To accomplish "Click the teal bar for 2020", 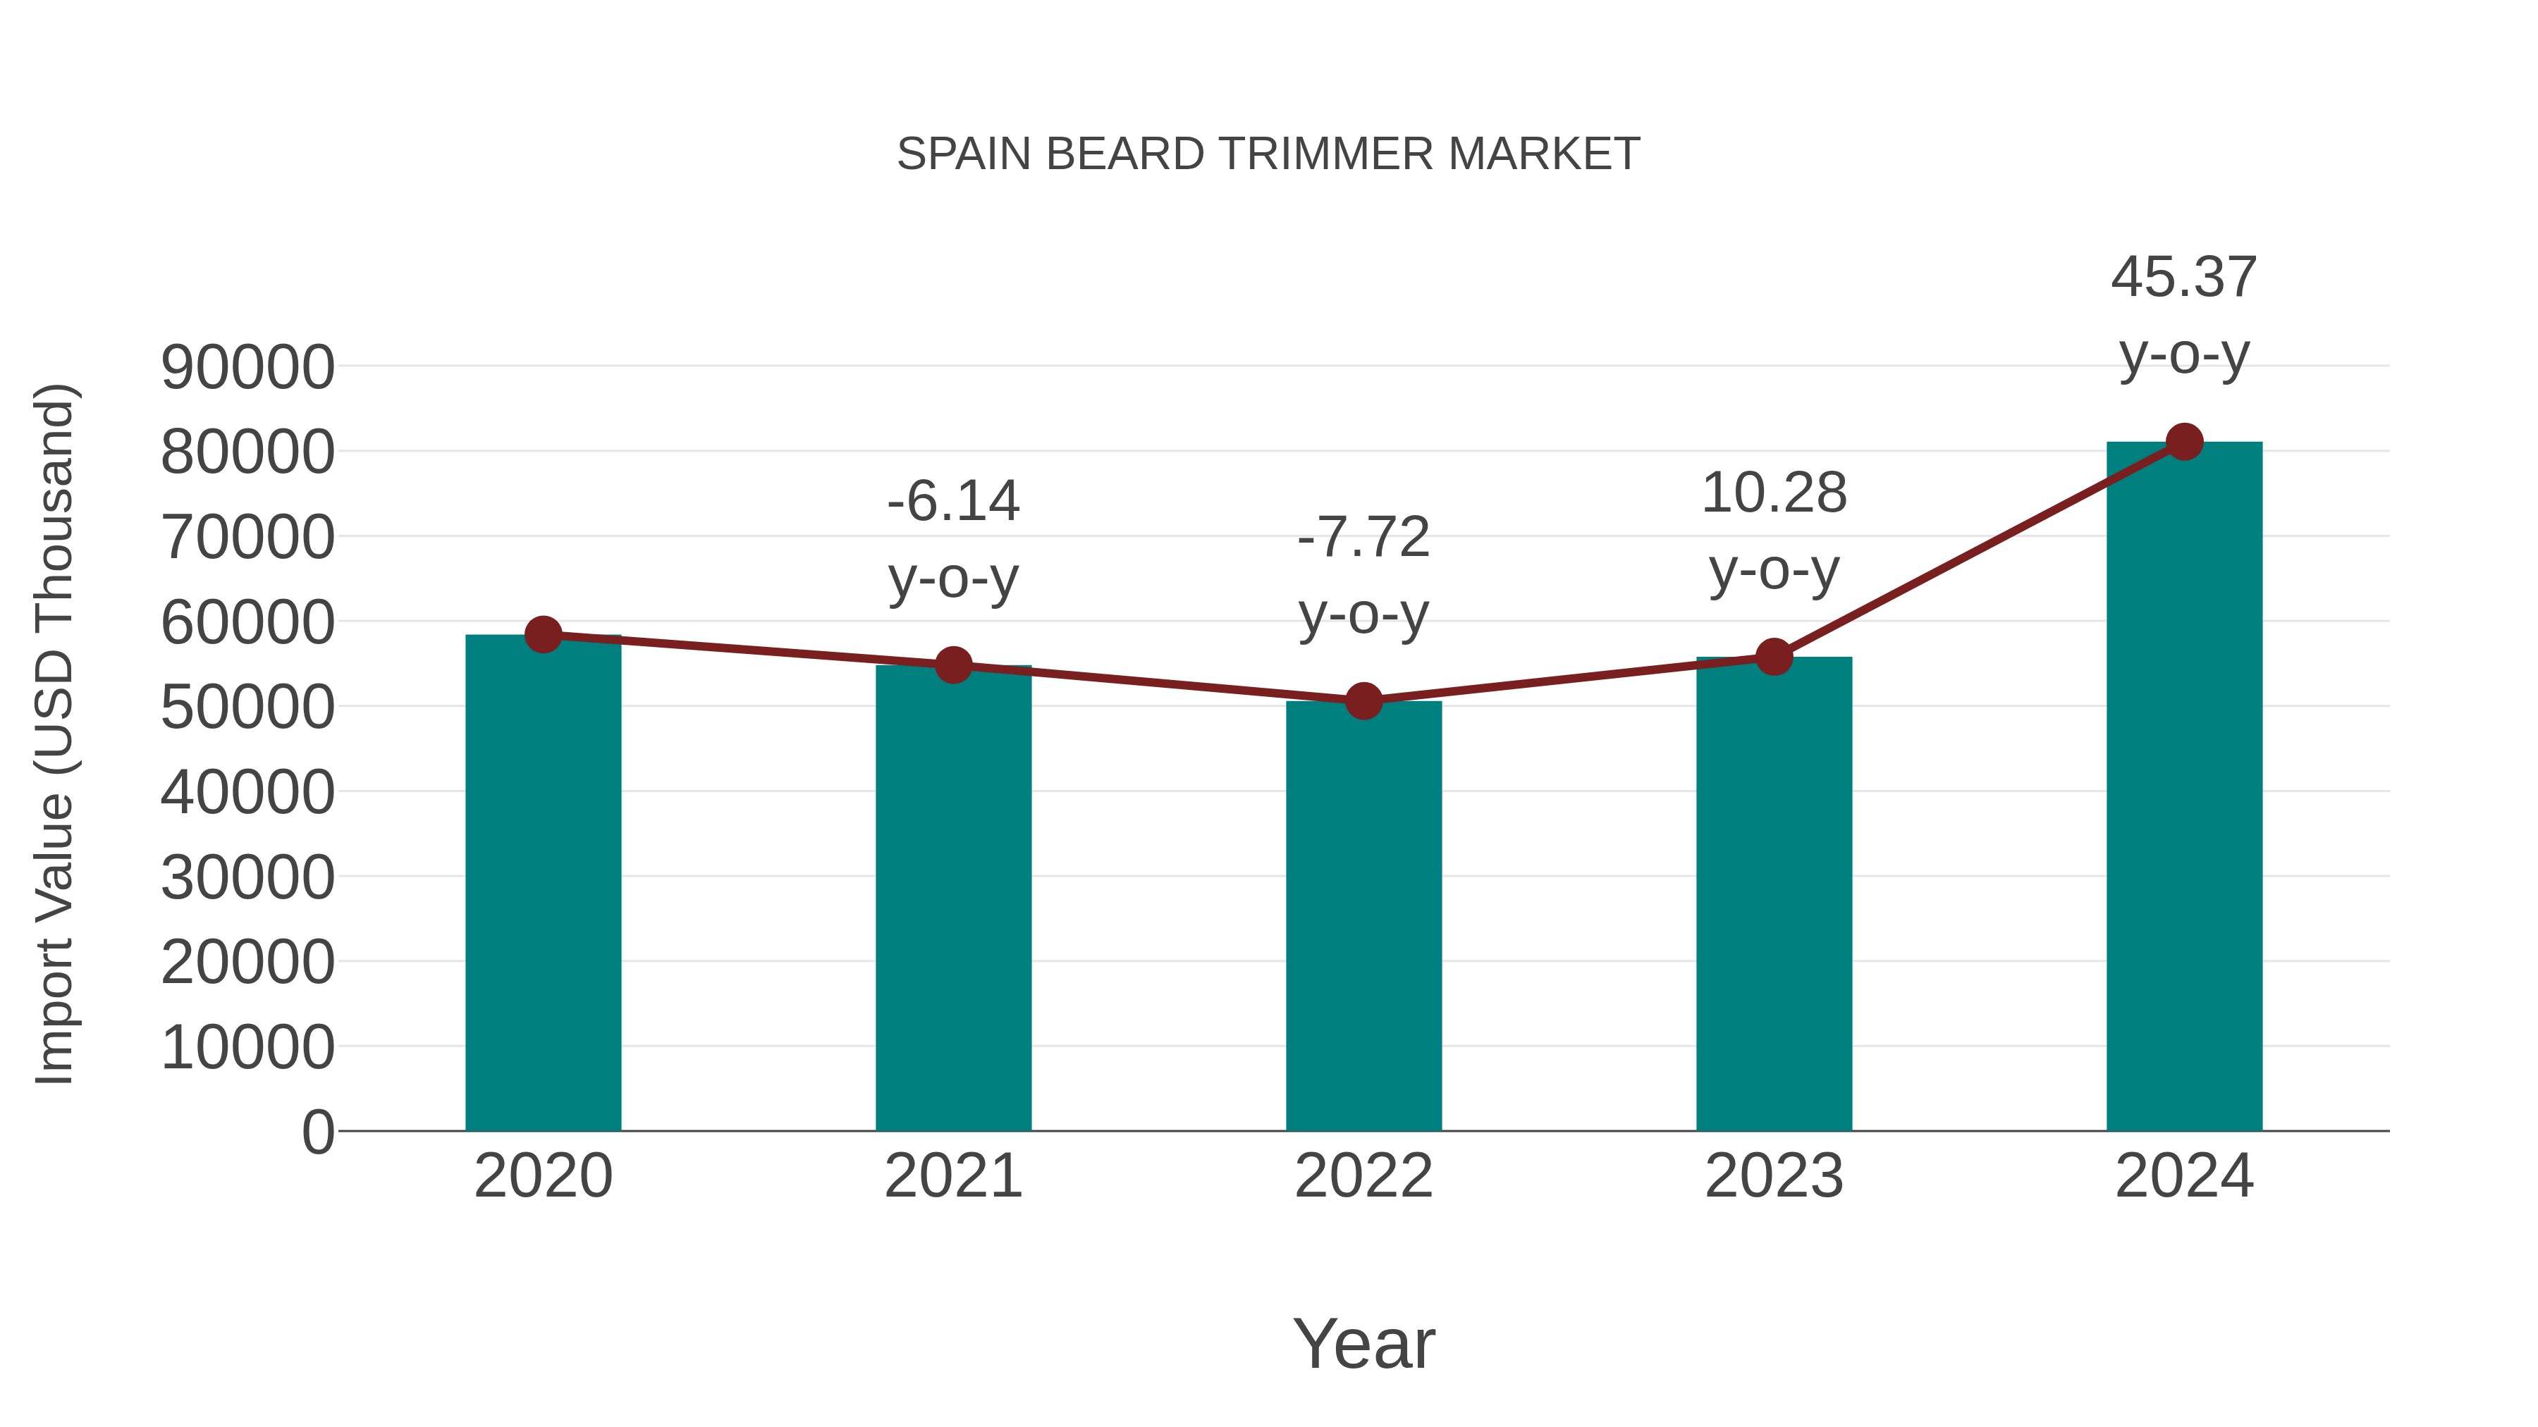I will pos(543,887).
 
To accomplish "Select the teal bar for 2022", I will pos(1363,916).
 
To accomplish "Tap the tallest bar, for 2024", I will pos(2184,788).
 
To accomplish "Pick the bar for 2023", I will pos(1774,896).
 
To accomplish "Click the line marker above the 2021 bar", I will pos(952,666).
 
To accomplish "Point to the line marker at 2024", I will pos(2184,442).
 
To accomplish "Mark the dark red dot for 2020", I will pos(543,635).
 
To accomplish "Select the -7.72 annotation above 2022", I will pos(1363,538).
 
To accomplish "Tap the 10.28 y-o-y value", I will pos(1774,493).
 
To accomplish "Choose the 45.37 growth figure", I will pos(2183,278).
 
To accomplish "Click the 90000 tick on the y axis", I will pos(247,369).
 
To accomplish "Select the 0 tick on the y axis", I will pos(318,1132).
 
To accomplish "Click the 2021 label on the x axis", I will pos(952,1176).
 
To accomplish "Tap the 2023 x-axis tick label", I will pos(1774,1176).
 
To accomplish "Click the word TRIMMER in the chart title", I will pos(1326,154).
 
